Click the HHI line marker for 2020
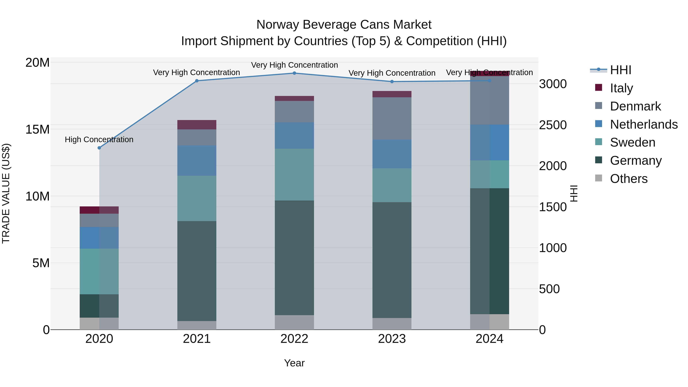click(x=99, y=148)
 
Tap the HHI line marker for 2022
click(x=294, y=73)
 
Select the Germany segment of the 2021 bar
click(x=197, y=271)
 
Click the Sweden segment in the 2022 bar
click(x=294, y=174)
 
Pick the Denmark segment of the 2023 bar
click(x=392, y=118)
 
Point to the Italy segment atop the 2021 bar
click(x=197, y=125)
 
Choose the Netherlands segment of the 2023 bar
click(x=392, y=154)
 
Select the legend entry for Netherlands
click(x=643, y=124)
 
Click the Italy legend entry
click(x=621, y=88)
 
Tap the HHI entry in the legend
click(x=620, y=70)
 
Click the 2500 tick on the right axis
click(x=553, y=125)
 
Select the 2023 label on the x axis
click(x=392, y=339)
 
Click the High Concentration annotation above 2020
click(x=99, y=140)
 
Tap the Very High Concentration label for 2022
click(x=294, y=65)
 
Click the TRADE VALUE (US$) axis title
click(x=6, y=193)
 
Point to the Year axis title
click(x=294, y=363)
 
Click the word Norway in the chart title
click(x=277, y=25)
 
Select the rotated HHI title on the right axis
click(x=574, y=193)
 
